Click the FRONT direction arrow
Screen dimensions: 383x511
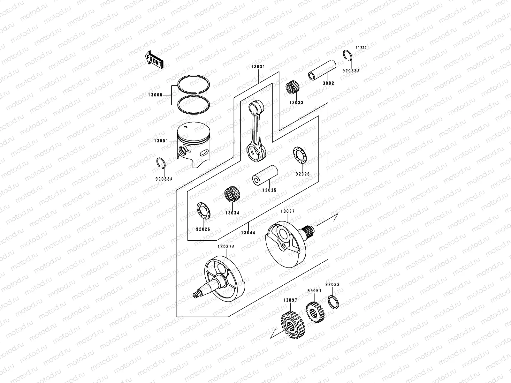[x=155, y=59]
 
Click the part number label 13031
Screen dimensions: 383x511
[x=258, y=67]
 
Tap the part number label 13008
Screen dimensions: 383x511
[x=155, y=95]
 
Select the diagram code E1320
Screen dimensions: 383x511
[x=361, y=48]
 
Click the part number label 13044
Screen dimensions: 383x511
[x=248, y=233]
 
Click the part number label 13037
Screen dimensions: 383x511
[x=287, y=211]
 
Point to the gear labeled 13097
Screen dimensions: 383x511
[x=293, y=325]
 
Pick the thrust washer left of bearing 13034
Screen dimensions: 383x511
[x=202, y=211]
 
